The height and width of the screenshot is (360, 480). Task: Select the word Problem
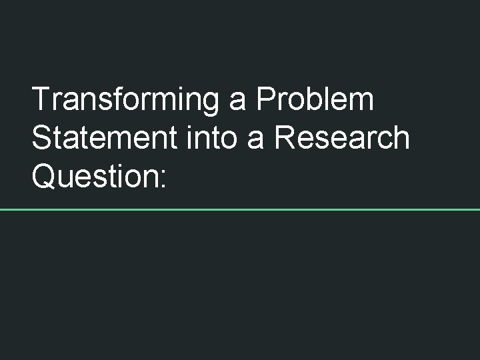coord(315,101)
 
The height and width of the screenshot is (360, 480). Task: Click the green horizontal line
coord(240,209)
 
